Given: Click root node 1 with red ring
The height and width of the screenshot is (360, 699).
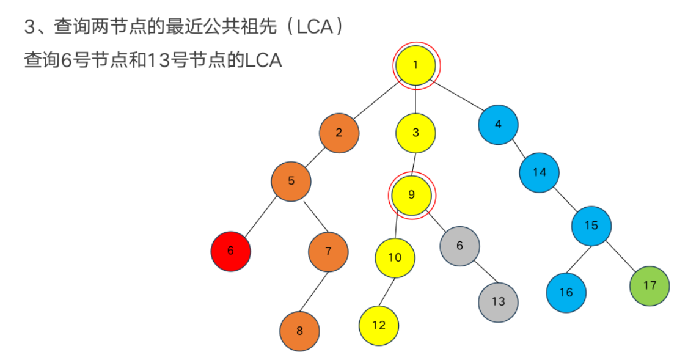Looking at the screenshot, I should pyautogui.click(x=415, y=65).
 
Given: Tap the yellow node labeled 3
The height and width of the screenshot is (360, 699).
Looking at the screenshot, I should pyautogui.click(x=415, y=133).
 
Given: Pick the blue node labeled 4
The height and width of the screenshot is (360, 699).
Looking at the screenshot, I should pyautogui.click(x=498, y=125).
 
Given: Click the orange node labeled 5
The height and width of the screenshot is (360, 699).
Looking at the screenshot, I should pyautogui.click(x=291, y=181).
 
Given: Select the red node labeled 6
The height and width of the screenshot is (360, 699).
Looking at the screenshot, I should pyautogui.click(x=230, y=251).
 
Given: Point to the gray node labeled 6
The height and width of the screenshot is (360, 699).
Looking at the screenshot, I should pyautogui.click(x=459, y=246).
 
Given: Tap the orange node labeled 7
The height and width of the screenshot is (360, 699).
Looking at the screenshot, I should pyautogui.click(x=328, y=251).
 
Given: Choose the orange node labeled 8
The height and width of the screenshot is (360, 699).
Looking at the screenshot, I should pyautogui.click(x=299, y=331).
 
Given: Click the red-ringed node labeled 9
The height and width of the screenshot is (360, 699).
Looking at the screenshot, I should pyautogui.click(x=411, y=195).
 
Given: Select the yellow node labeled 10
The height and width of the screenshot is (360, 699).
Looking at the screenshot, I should pyautogui.click(x=395, y=257).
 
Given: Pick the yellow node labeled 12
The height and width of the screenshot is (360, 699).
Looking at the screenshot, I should pyautogui.click(x=379, y=325).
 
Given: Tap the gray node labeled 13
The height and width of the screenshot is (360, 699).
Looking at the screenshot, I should pyautogui.click(x=498, y=302).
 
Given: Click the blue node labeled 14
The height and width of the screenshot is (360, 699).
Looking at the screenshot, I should pyautogui.click(x=540, y=172).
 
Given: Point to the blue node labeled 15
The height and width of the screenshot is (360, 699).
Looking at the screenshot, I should pyautogui.click(x=591, y=226).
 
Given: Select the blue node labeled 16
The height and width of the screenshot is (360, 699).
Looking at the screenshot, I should pyautogui.click(x=566, y=292).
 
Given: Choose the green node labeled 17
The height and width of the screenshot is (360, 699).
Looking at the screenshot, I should pyautogui.click(x=650, y=285).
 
